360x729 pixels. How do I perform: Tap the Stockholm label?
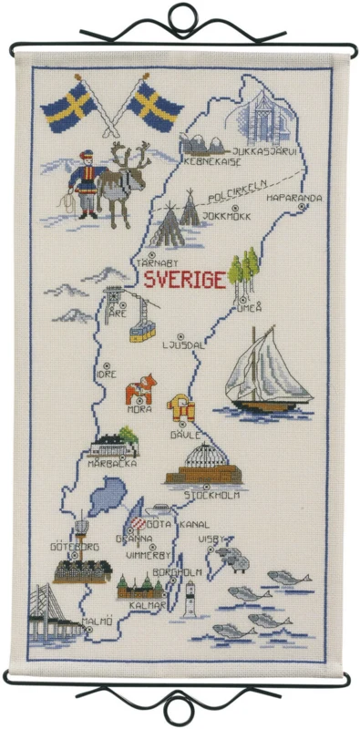tap(211, 497)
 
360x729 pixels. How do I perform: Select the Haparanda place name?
tap(294, 197)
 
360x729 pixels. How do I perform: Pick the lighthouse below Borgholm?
tap(190, 600)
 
